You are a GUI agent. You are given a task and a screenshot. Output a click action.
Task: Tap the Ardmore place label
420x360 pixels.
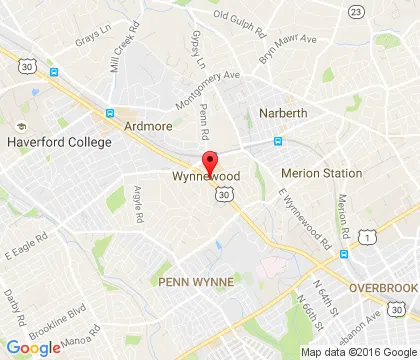149,126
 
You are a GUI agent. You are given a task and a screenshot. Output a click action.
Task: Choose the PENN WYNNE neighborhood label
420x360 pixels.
195,283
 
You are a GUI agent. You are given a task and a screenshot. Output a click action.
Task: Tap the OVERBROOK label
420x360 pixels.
383,287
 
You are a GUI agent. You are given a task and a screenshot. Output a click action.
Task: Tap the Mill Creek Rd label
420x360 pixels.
127,66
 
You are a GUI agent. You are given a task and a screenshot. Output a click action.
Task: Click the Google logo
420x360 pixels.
33,347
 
